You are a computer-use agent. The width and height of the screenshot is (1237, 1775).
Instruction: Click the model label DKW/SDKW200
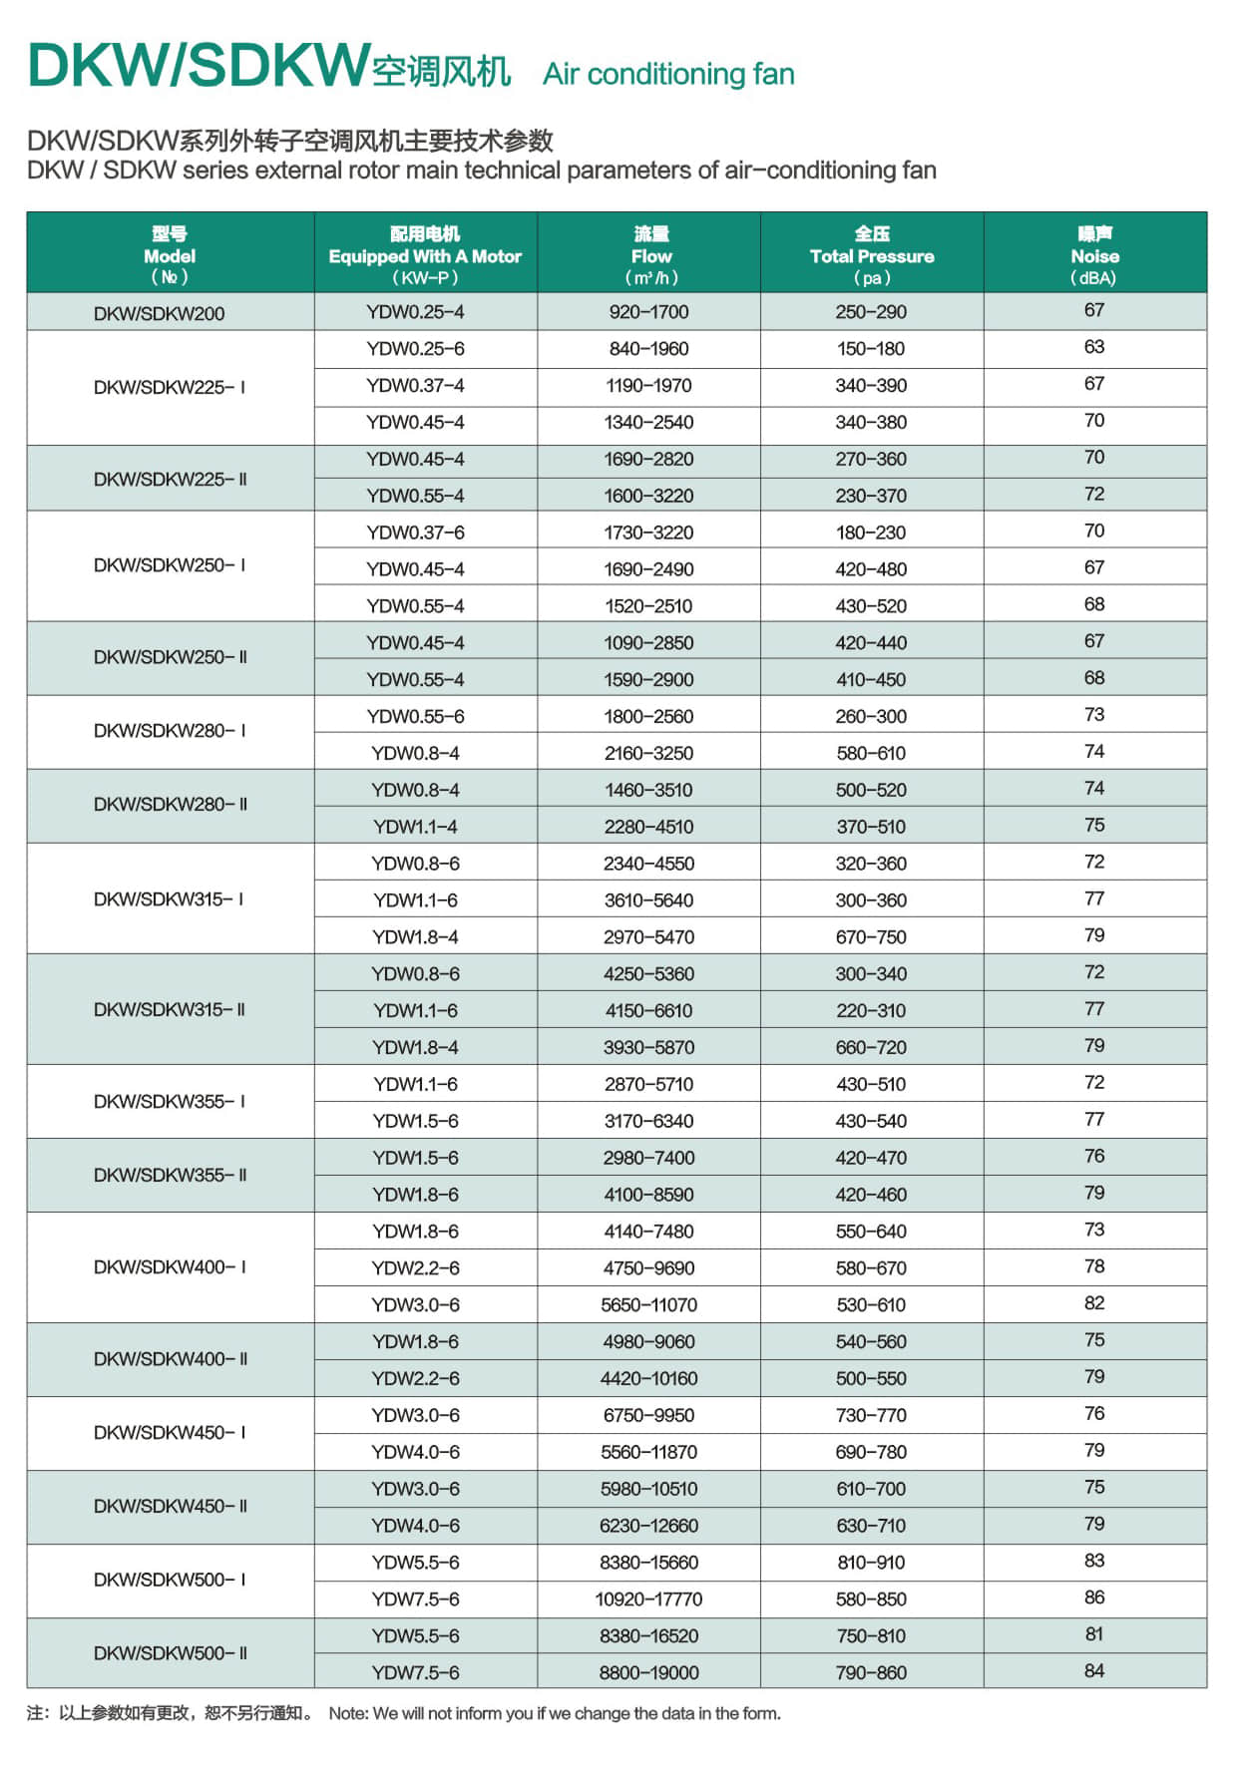(x=159, y=313)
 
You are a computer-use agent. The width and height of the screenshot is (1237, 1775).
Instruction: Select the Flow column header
(x=650, y=255)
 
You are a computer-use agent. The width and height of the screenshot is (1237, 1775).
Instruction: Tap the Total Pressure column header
(x=872, y=255)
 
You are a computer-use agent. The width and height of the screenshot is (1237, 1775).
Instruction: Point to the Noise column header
(x=1094, y=255)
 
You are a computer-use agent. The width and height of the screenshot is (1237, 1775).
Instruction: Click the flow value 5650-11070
(x=648, y=1304)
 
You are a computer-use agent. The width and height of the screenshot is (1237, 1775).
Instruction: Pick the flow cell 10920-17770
(x=648, y=1598)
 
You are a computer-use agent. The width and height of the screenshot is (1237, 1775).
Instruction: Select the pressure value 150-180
(x=871, y=349)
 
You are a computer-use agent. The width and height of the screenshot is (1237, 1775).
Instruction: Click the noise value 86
(x=1094, y=1597)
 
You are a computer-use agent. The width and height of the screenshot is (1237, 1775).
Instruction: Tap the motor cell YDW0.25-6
(x=415, y=349)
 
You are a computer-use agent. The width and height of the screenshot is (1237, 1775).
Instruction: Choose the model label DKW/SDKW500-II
(x=170, y=1652)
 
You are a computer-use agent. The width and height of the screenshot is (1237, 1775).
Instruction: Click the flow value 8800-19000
(x=648, y=1672)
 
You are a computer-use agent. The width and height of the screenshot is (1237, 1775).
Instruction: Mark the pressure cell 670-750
(x=871, y=936)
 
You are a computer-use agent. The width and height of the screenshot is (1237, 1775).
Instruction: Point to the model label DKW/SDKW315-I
(x=169, y=899)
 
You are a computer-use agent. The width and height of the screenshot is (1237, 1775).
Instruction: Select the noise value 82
(x=1094, y=1303)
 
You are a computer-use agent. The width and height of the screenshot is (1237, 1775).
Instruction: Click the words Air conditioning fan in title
(x=668, y=74)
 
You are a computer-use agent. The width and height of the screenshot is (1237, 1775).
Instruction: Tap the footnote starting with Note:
(x=555, y=1713)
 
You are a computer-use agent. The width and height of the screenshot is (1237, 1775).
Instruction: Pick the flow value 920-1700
(x=648, y=312)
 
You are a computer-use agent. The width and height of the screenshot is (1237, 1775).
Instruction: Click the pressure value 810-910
(x=871, y=1563)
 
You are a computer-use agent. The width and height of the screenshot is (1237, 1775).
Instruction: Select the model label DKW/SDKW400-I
(x=169, y=1267)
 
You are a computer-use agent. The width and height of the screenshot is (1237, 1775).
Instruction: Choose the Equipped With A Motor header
(x=425, y=255)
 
